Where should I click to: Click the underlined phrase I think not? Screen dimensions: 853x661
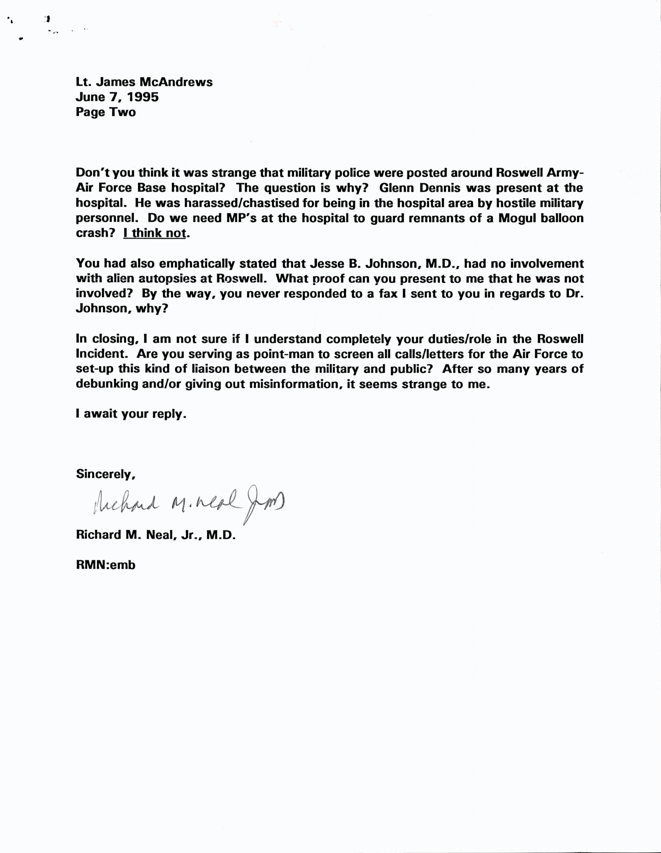pyautogui.click(x=154, y=233)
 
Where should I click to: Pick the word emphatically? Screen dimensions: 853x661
pyautogui.click(x=197, y=264)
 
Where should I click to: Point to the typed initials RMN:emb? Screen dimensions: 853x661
pyautogui.click(x=106, y=565)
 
